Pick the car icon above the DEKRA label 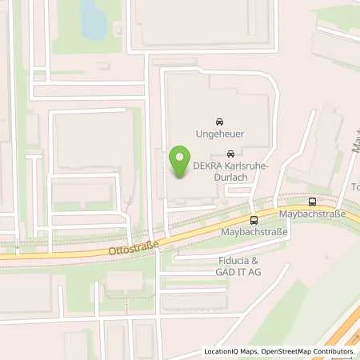[x=231, y=154]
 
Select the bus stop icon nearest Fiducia [x=254, y=220]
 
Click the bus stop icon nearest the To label [x=312, y=202]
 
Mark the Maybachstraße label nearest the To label [x=311, y=215]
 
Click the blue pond [x=94, y=19]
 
